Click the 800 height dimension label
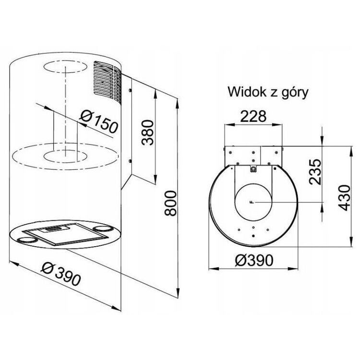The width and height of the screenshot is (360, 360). coord(171,203)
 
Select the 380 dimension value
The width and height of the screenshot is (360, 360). coord(147,132)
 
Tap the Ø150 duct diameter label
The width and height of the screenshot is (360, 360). coord(98,121)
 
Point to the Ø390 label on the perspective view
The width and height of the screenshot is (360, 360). coord(61,274)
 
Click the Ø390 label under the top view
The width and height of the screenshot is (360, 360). coord(254,260)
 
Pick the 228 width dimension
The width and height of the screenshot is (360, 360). coord(253,116)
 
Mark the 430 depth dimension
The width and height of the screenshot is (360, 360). coord(345,198)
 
